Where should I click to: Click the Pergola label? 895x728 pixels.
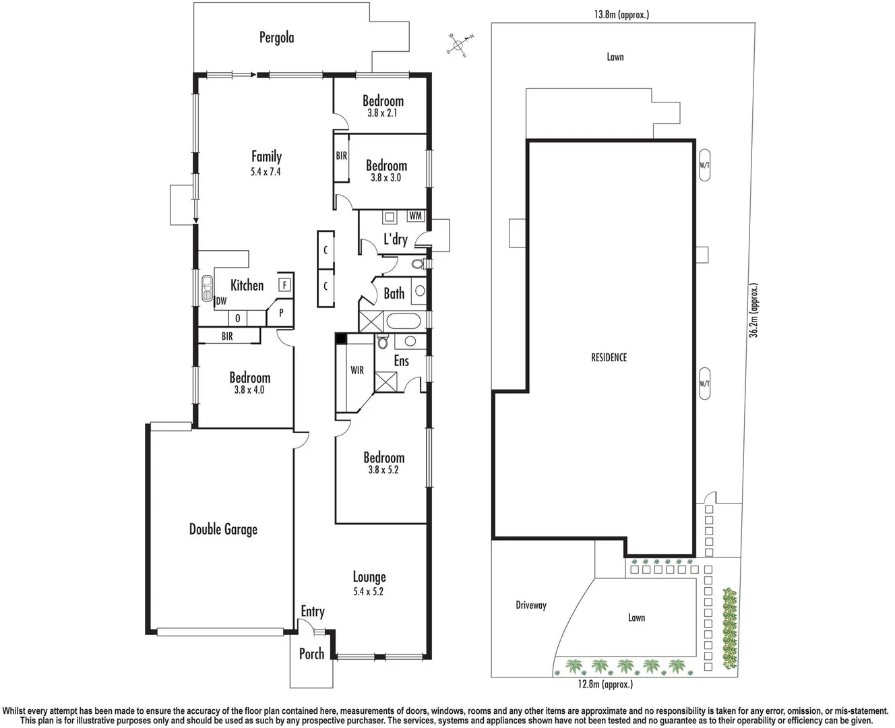pos(276,38)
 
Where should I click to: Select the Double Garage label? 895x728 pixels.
pos(223,529)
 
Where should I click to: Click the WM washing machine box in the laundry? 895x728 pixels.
pos(415,216)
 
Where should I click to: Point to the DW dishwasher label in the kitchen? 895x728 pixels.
pos(221,301)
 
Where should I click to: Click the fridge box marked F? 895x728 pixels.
pos(284,285)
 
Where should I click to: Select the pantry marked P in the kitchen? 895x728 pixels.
pos(281,313)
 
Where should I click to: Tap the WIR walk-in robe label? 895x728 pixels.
pos(357,370)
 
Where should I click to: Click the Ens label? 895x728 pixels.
pos(401,361)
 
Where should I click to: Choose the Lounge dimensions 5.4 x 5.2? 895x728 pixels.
pos(368,592)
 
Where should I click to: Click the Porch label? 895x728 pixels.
pos(311,653)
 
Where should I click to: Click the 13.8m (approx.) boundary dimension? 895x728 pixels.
pos(621,14)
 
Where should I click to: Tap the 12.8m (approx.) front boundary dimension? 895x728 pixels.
pos(605,684)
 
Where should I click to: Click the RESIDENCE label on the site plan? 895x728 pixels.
pos(609,357)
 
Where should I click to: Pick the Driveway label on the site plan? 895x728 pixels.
pos(531,605)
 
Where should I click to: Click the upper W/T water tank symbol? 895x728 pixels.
pos(704,164)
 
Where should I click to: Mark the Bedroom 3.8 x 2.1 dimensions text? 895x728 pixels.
pos(382,113)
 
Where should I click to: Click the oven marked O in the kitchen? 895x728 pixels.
pos(237,318)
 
